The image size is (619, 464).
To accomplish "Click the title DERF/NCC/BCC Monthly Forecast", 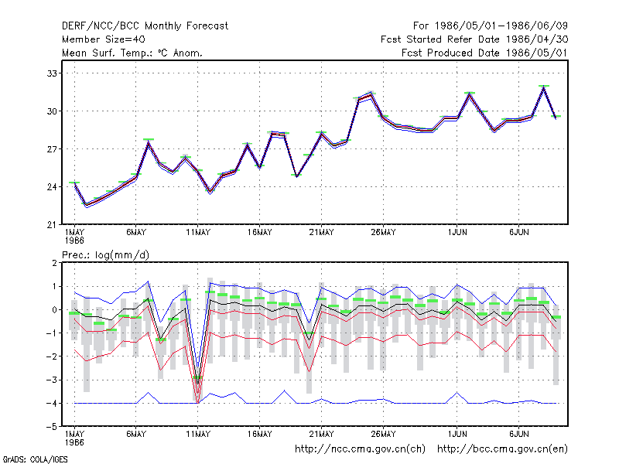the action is [x=145, y=26].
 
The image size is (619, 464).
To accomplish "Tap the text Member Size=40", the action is [x=104, y=39].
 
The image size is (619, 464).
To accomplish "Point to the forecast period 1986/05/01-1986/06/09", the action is [x=491, y=26].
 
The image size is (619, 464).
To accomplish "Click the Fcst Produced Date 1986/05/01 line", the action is [x=485, y=53].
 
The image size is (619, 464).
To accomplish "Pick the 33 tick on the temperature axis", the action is [x=52, y=73].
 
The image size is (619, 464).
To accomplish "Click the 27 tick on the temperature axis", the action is [x=52, y=149].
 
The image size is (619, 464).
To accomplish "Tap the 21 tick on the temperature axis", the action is [x=52, y=225].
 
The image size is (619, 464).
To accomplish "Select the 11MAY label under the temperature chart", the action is [x=198, y=233].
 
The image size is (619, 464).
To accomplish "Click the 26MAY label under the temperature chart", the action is [x=383, y=233].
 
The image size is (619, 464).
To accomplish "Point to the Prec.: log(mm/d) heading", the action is [x=105, y=255].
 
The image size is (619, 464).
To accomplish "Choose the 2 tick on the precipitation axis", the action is [x=54, y=263].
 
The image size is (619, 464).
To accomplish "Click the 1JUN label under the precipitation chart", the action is [x=457, y=434].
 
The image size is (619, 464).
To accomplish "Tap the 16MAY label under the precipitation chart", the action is [x=260, y=434].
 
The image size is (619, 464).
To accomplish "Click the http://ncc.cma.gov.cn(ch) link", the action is [x=360, y=449].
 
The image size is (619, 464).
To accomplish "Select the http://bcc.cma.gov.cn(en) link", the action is [x=502, y=449].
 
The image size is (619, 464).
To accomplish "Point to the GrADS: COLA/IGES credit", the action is [x=35, y=459].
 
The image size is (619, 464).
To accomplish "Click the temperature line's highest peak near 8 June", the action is [x=544, y=87].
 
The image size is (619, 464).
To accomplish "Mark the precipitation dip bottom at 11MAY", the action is [x=198, y=401].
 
